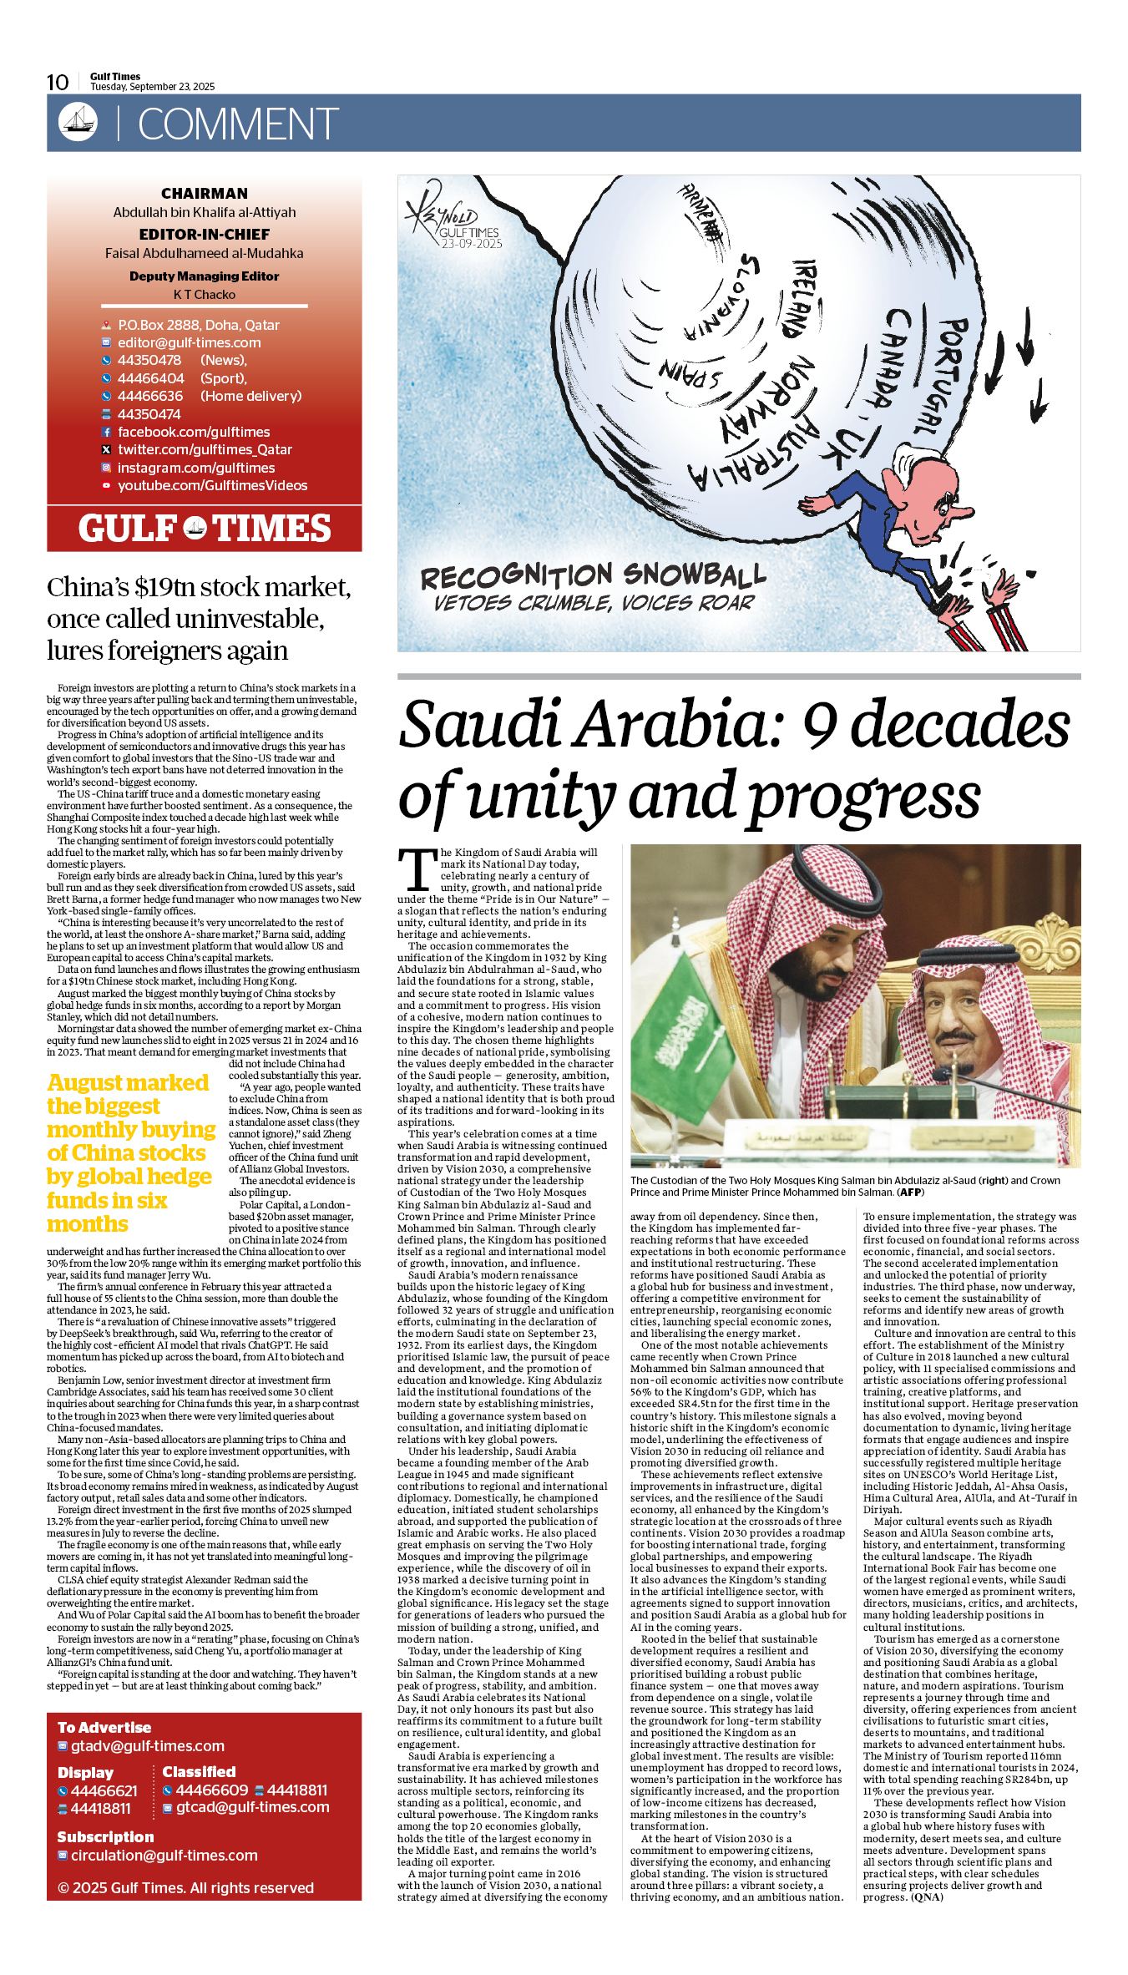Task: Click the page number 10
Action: pos(58,82)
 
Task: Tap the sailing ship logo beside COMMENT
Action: pos(78,122)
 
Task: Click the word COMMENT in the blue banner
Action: pos(237,124)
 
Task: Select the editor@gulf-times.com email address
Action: pos(189,342)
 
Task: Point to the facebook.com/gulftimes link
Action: pos(194,432)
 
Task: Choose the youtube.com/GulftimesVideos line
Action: pos(212,485)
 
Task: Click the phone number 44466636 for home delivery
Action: pos(150,396)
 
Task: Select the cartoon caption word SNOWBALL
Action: pos(694,575)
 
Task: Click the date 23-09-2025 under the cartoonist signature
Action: pos(472,244)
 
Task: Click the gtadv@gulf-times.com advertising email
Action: pos(148,1746)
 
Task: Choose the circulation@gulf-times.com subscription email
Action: pos(164,1856)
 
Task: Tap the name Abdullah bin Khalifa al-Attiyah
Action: pos(205,212)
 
